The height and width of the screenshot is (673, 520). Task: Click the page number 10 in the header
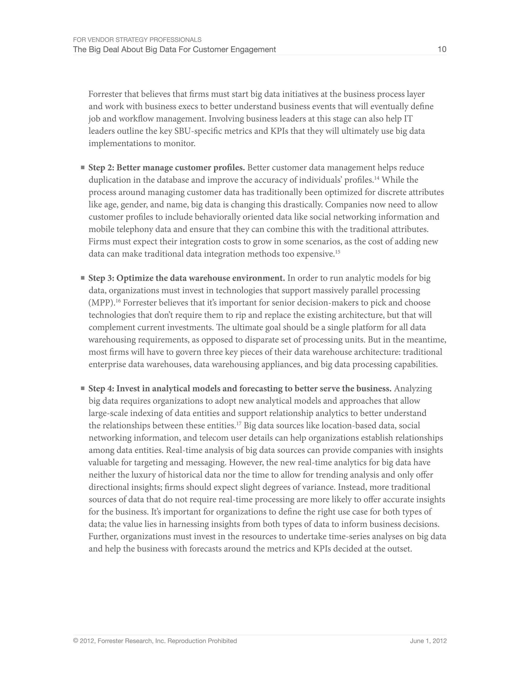click(x=442, y=49)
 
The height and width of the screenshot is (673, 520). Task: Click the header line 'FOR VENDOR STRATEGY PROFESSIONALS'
click(x=137, y=40)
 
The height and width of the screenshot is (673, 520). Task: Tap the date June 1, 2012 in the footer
click(x=428, y=641)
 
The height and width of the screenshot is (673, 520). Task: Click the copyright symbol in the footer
click(x=75, y=641)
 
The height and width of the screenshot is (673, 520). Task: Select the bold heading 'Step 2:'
click(x=101, y=168)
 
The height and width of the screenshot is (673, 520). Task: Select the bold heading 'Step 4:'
click(x=101, y=389)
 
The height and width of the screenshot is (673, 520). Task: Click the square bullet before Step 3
click(x=83, y=278)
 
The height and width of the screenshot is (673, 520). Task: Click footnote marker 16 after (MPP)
click(x=118, y=300)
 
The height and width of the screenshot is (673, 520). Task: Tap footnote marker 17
click(x=239, y=423)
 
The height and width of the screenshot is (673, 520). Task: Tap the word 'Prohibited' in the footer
click(x=222, y=641)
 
